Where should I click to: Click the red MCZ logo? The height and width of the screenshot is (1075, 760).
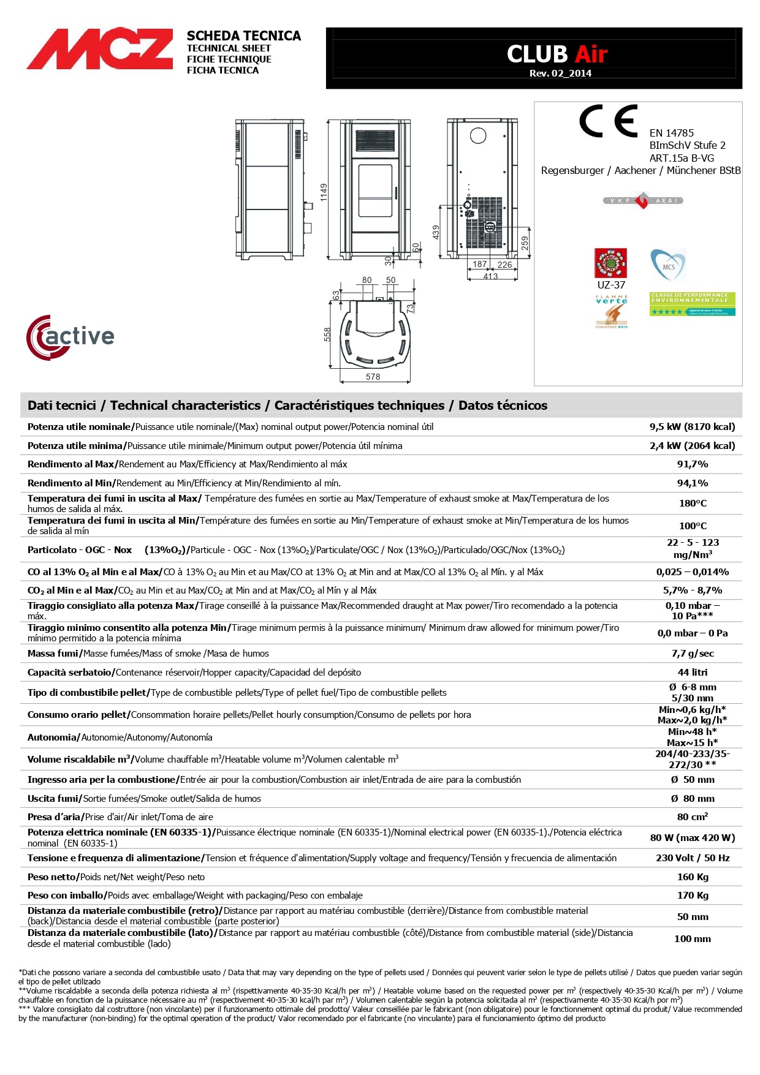click(99, 48)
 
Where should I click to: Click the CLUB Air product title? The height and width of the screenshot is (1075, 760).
click(557, 55)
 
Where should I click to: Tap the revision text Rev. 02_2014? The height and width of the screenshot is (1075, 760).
click(560, 74)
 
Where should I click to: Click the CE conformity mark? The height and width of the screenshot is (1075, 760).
click(608, 121)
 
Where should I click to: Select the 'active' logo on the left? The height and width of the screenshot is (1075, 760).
click(70, 337)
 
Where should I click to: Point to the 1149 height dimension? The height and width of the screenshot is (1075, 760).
click(324, 192)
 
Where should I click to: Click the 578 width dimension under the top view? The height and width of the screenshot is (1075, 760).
click(373, 377)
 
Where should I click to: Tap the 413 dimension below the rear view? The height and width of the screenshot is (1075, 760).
click(490, 276)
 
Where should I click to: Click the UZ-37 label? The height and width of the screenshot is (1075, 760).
click(611, 285)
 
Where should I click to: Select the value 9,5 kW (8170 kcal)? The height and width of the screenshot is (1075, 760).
click(692, 427)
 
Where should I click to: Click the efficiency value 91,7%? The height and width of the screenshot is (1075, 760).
click(692, 464)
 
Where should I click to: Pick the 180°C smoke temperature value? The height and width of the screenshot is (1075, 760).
click(693, 504)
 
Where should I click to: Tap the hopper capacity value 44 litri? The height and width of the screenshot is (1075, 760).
click(692, 673)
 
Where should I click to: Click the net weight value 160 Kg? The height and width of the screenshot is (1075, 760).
click(693, 877)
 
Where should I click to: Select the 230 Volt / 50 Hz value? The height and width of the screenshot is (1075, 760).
click(693, 858)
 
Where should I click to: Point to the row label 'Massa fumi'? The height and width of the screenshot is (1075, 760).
click(53, 654)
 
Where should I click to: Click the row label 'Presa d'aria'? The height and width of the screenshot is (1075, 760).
click(55, 817)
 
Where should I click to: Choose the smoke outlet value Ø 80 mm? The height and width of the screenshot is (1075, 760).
click(693, 799)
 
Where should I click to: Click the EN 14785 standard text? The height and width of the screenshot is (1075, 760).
click(672, 133)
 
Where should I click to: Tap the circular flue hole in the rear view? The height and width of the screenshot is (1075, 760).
click(478, 136)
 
